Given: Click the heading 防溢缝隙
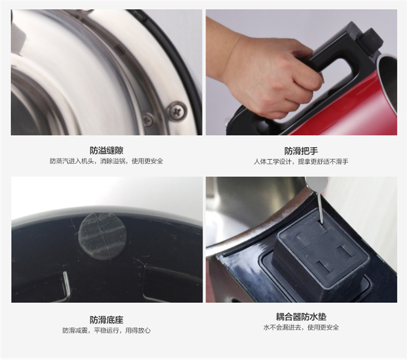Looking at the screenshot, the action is (x=107, y=150).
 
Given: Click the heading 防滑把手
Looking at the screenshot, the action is (x=301, y=151).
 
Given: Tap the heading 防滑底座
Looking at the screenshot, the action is (x=107, y=320).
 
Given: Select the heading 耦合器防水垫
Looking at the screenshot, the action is (x=301, y=317).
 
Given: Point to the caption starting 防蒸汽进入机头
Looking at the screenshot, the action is (x=107, y=161).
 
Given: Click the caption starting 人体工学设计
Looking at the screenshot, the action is (x=301, y=162).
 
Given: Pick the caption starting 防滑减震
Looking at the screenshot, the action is (x=107, y=331).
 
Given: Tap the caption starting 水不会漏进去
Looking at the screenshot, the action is (x=301, y=327).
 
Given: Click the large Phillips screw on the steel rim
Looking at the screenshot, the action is (x=177, y=112).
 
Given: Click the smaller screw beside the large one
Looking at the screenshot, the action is (x=149, y=120).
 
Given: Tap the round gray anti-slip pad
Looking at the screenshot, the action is (x=102, y=236).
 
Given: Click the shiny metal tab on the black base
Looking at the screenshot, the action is (x=66, y=284).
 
